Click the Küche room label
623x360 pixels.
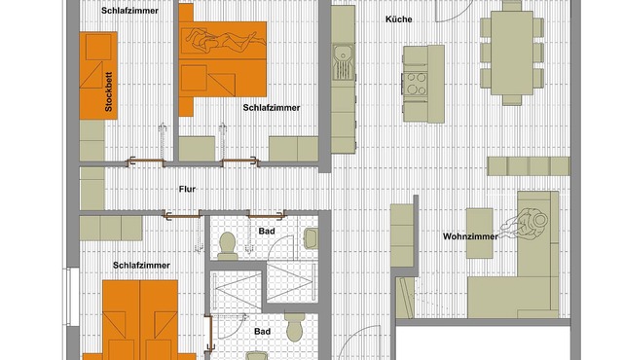click(x=398, y=19)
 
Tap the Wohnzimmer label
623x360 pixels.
click(x=470, y=236)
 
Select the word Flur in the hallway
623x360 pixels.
click(x=187, y=189)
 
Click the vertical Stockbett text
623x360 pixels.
click(x=108, y=91)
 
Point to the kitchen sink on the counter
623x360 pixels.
click(x=343, y=60)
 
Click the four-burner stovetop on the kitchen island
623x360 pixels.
click(x=416, y=83)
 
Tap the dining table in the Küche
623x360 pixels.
click(x=512, y=53)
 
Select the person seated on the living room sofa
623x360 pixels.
click(x=525, y=224)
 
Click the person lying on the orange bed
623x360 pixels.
click(x=225, y=40)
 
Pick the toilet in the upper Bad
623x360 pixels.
click(x=227, y=246)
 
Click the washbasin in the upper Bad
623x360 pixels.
click(x=311, y=238)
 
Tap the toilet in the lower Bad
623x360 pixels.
click(x=295, y=327)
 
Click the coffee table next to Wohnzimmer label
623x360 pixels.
click(x=480, y=234)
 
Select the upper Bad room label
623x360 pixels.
click(x=267, y=231)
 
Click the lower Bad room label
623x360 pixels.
click(x=263, y=332)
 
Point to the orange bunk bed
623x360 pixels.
click(x=98, y=76)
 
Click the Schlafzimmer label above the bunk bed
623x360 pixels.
click(x=129, y=11)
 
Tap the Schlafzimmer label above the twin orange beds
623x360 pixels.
click(x=141, y=266)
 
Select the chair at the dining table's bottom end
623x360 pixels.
click(x=512, y=99)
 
